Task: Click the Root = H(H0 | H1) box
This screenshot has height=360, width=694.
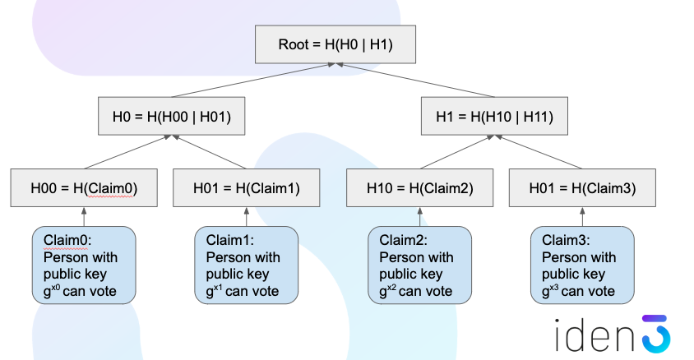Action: (x=335, y=44)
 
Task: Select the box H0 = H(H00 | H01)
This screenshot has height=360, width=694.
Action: (x=171, y=116)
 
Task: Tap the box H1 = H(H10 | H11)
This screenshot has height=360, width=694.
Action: (x=494, y=116)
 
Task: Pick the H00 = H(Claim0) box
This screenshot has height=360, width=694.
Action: (x=84, y=187)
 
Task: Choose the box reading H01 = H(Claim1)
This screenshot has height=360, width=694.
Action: (x=246, y=187)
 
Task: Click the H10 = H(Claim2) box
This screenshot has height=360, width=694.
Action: (x=419, y=187)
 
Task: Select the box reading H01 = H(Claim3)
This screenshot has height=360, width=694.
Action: (x=582, y=187)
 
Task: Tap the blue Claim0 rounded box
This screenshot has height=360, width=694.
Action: (x=84, y=265)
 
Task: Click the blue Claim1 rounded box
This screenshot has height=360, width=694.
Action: (x=246, y=265)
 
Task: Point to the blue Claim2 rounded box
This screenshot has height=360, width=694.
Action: (x=419, y=265)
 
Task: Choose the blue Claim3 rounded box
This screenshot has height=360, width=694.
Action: (x=582, y=265)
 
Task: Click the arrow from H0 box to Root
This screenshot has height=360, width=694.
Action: (x=253, y=80)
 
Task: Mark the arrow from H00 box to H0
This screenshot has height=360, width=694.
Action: (x=127, y=152)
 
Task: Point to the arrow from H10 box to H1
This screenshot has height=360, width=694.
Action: (x=456, y=152)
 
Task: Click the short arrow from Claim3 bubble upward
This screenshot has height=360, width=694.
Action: (x=582, y=217)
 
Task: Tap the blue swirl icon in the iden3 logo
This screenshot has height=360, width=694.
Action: (x=656, y=334)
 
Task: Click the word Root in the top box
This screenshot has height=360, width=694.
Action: (x=294, y=44)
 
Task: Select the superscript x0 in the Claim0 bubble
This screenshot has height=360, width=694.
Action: (x=55, y=287)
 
